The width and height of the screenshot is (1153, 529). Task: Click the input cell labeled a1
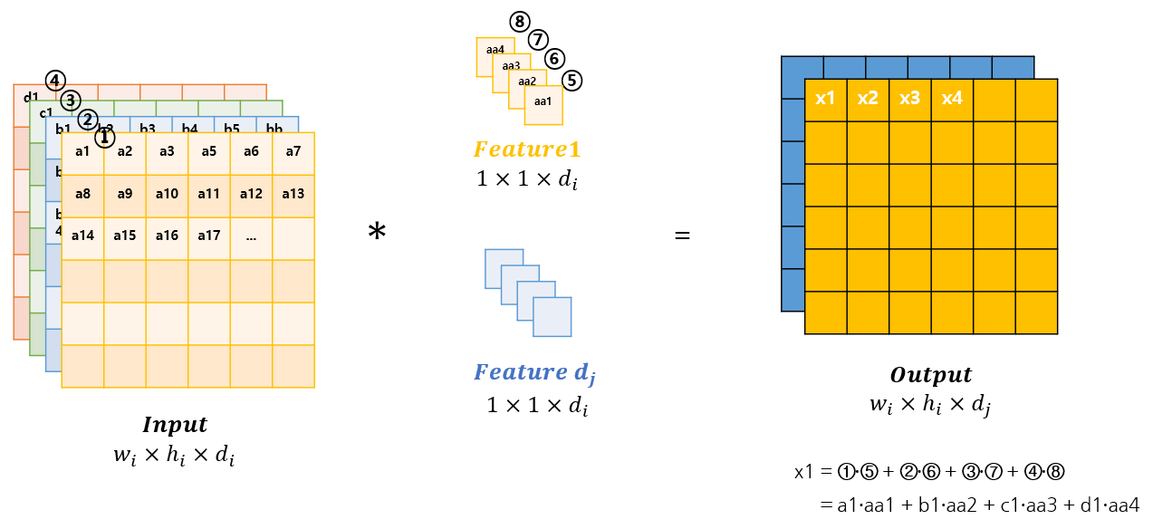tap(82, 152)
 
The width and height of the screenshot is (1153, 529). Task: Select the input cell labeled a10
tap(167, 194)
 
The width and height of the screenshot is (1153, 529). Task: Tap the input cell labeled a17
tap(209, 236)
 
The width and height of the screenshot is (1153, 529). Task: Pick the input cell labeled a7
tap(293, 152)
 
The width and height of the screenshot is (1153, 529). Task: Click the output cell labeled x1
tap(825, 99)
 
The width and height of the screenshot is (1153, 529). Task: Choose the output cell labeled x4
tap(952, 99)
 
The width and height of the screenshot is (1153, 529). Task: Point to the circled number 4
tap(55, 81)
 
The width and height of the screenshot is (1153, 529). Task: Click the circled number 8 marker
tap(519, 22)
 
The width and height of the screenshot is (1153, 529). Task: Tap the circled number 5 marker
tap(572, 81)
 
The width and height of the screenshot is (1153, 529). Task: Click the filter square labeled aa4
tap(495, 49)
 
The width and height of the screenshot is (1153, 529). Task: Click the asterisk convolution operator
tap(377, 233)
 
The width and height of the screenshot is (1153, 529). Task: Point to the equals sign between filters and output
tap(682, 236)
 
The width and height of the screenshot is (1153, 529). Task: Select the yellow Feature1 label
tap(526, 149)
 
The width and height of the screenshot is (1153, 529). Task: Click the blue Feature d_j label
tap(535, 372)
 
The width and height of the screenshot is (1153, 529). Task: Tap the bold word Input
tap(175, 425)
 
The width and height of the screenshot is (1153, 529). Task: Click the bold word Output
tap(931, 375)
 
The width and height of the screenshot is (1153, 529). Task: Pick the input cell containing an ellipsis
tap(251, 236)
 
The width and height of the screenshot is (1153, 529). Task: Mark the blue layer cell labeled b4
tap(189, 128)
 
